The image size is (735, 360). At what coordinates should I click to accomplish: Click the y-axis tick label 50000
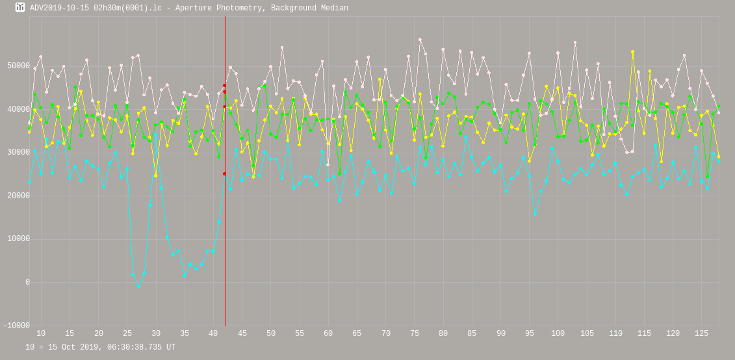[x=18, y=66]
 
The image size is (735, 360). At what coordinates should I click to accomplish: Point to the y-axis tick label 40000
[x=18, y=109]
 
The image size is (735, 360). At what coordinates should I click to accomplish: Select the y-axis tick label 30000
[x=18, y=153]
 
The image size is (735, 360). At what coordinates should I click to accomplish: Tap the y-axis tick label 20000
[x=18, y=196]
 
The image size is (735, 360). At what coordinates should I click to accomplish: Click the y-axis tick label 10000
[x=18, y=239]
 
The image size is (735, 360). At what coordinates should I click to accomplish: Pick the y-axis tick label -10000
[x=16, y=326]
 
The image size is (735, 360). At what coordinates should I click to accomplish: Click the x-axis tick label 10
[x=41, y=334]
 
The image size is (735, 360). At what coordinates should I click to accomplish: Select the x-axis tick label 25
[x=127, y=334]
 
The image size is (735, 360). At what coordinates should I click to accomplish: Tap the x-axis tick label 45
[x=242, y=334]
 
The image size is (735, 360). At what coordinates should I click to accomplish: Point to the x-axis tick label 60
[x=328, y=334]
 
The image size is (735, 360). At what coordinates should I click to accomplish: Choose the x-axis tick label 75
[x=415, y=334]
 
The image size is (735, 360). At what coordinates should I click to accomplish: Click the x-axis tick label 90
[x=501, y=334]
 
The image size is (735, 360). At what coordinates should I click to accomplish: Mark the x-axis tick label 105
[x=587, y=334]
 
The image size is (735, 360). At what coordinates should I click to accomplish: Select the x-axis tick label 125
[x=702, y=334]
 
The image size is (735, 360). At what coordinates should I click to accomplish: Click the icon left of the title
[x=20, y=7]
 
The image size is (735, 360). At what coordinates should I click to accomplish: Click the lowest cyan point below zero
[x=138, y=287]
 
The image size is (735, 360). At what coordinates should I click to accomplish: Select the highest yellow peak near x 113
[x=632, y=52]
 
